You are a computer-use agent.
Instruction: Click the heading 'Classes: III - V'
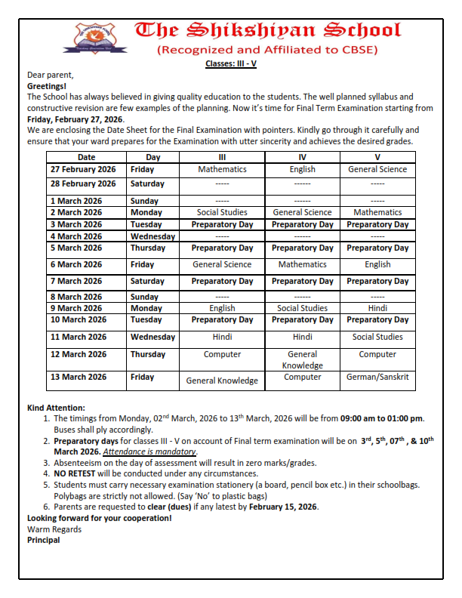point(231,63)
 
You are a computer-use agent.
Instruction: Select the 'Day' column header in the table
point(153,157)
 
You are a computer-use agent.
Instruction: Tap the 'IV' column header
point(302,157)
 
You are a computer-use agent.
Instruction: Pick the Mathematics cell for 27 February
point(222,169)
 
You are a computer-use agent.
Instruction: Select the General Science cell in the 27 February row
point(377,169)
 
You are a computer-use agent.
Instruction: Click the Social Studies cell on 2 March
point(222,213)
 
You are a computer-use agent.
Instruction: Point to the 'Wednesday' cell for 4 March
point(153,236)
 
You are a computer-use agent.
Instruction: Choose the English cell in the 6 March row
point(377,264)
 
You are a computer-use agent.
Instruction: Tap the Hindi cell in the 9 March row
point(377,308)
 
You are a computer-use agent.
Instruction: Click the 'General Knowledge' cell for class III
point(222,381)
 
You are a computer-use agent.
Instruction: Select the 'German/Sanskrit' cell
point(377,377)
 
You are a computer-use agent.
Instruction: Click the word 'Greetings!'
point(47,87)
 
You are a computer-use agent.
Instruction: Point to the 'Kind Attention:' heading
point(56,408)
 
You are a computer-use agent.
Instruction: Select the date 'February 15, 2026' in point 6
point(282,507)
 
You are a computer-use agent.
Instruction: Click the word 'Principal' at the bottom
point(44,540)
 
